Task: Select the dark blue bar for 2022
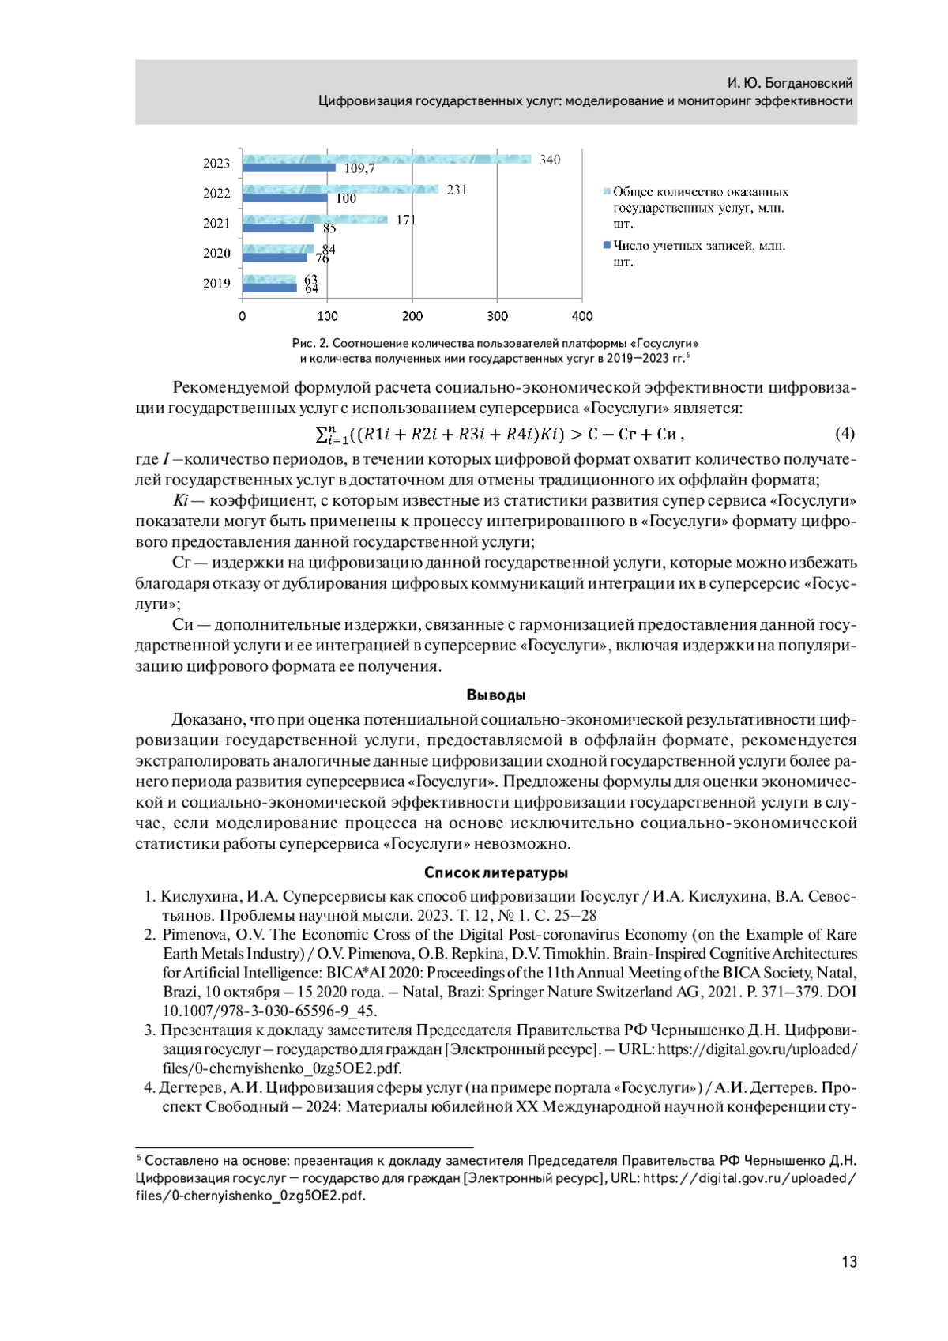[284, 198]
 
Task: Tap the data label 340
[550, 160]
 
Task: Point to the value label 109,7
[359, 168]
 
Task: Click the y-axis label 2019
[216, 283]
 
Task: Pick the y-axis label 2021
[216, 223]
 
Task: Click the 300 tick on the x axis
[497, 316]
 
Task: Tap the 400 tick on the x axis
[582, 316]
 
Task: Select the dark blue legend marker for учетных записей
[608, 246]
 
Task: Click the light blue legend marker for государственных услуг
[608, 191]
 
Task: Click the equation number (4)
[845, 433]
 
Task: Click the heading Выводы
[496, 695]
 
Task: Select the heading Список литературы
[496, 872]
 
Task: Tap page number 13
[849, 1261]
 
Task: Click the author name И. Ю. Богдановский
[790, 83]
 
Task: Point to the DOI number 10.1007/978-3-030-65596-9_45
[269, 1011]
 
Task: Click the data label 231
[457, 190]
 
